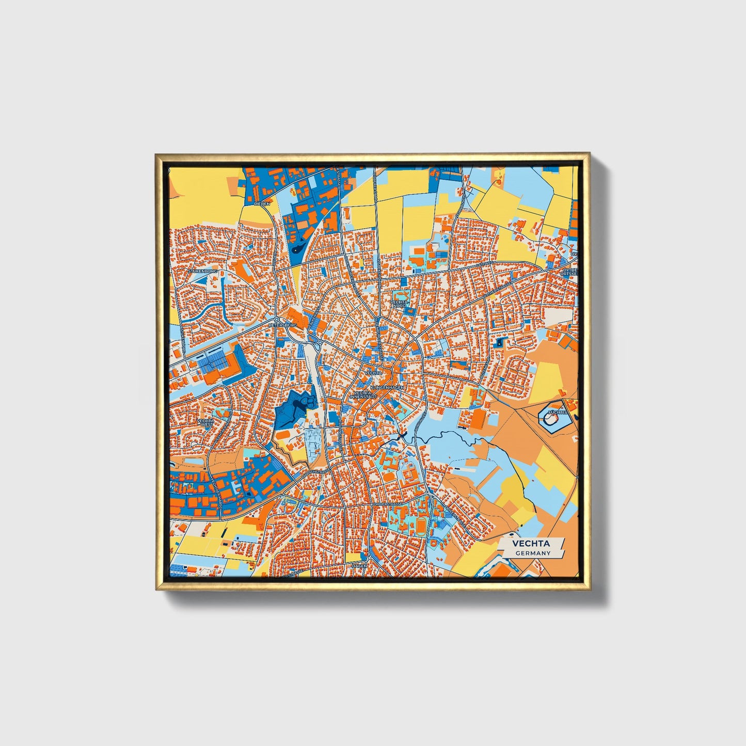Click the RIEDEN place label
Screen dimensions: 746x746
click(262, 204)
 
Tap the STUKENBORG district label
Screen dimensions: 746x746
click(203, 271)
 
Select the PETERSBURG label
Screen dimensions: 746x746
click(283, 326)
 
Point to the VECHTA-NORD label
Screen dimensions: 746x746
click(399, 304)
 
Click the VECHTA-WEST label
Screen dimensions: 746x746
click(205, 422)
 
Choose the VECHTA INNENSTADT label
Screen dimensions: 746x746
click(365, 395)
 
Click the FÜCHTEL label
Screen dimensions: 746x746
click(558, 412)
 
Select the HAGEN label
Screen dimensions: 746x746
click(359, 566)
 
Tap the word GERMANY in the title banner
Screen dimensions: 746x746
click(532, 553)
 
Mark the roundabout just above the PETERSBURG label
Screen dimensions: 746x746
click(277, 319)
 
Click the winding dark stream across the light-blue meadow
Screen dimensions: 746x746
click(454, 438)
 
